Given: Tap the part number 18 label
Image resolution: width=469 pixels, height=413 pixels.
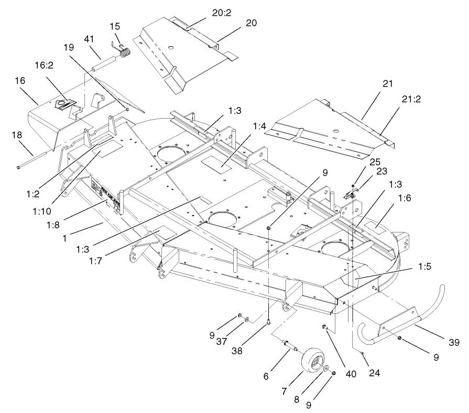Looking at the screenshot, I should click(17, 135).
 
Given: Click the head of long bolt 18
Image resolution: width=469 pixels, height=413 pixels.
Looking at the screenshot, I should click(18, 167).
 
